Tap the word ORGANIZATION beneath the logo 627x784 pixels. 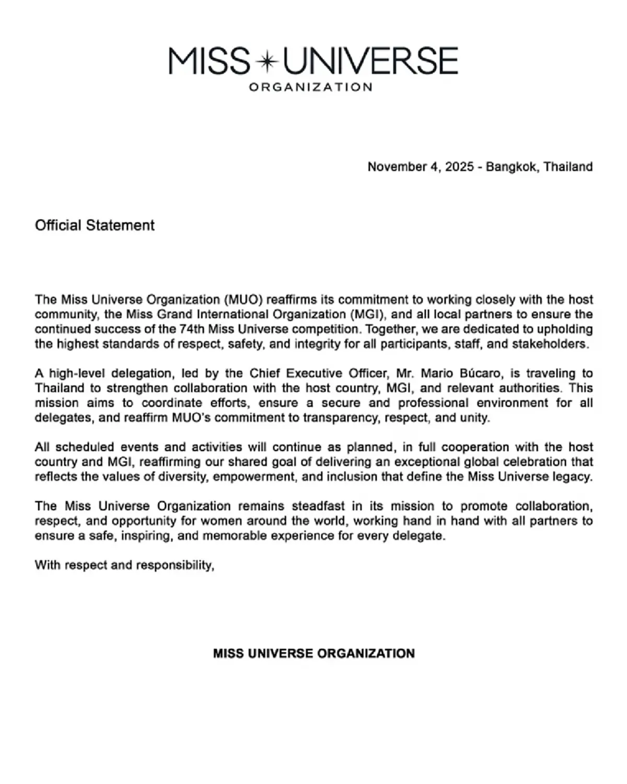pos(310,87)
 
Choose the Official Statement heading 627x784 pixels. pos(95,225)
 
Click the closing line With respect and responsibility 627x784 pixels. pos(124,566)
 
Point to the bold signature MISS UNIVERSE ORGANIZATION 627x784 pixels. pos(313,653)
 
